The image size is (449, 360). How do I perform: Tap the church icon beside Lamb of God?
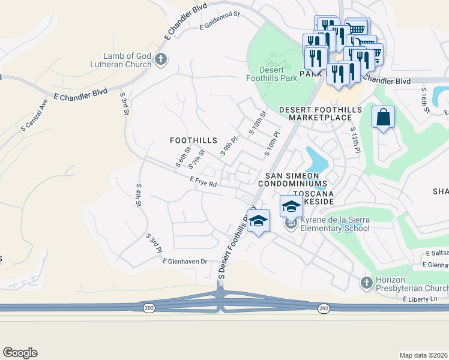coord(160,59)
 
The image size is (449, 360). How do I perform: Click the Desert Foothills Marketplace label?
coord(320,113)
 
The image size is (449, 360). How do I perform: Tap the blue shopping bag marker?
coord(383,118)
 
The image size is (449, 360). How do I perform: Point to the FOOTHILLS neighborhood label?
coord(193,140)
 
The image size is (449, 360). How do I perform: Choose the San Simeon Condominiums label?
coord(293,179)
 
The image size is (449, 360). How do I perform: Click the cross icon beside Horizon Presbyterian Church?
coord(367,282)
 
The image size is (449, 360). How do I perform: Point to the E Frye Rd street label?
coord(203,182)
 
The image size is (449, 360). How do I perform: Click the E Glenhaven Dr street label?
coord(184,261)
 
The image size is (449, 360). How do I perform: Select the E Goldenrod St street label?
coord(219,21)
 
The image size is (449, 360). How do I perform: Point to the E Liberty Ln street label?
coord(421,299)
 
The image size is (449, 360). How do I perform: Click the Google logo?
coord(20,353)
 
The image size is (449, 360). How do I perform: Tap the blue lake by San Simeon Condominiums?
coord(316,160)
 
